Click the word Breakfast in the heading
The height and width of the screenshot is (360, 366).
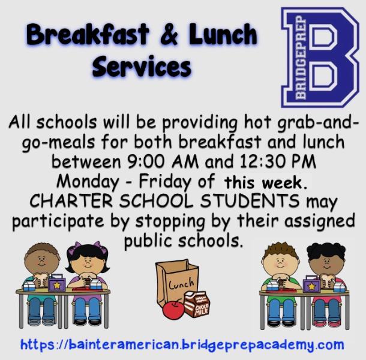coord(88,35)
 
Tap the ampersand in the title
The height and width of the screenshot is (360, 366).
coord(169,35)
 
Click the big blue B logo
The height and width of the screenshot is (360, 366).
coord(320,57)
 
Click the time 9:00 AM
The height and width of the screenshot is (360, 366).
coord(163,161)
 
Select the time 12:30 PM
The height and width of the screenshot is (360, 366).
coord(278,161)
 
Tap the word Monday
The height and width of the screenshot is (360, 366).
coord(88,182)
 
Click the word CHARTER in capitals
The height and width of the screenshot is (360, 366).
coord(71,201)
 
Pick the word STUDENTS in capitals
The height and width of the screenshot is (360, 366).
coord(250,201)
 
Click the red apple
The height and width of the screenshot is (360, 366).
coord(173,309)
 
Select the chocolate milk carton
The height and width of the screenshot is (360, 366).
coord(197,304)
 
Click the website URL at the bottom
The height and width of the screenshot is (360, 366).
coord(182,345)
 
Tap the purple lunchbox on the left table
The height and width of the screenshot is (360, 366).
coord(57,283)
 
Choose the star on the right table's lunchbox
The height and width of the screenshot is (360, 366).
coord(311,286)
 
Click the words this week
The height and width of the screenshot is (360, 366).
coord(265,183)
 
